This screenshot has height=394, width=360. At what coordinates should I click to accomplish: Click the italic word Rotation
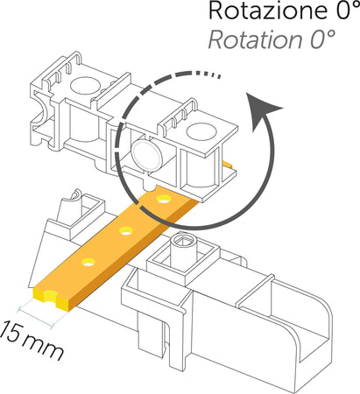pos(255,39)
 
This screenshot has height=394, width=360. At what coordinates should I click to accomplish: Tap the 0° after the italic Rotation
pos(322,39)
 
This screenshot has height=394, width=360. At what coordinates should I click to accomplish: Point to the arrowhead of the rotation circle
pos(262,111)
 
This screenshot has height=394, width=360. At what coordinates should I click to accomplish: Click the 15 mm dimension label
pos(32,340)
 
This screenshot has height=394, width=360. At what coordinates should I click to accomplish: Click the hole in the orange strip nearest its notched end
pos(88,262)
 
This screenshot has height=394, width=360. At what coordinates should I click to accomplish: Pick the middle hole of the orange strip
pos(126,231)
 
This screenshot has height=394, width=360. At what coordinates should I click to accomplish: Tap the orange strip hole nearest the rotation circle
pos(164,199)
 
